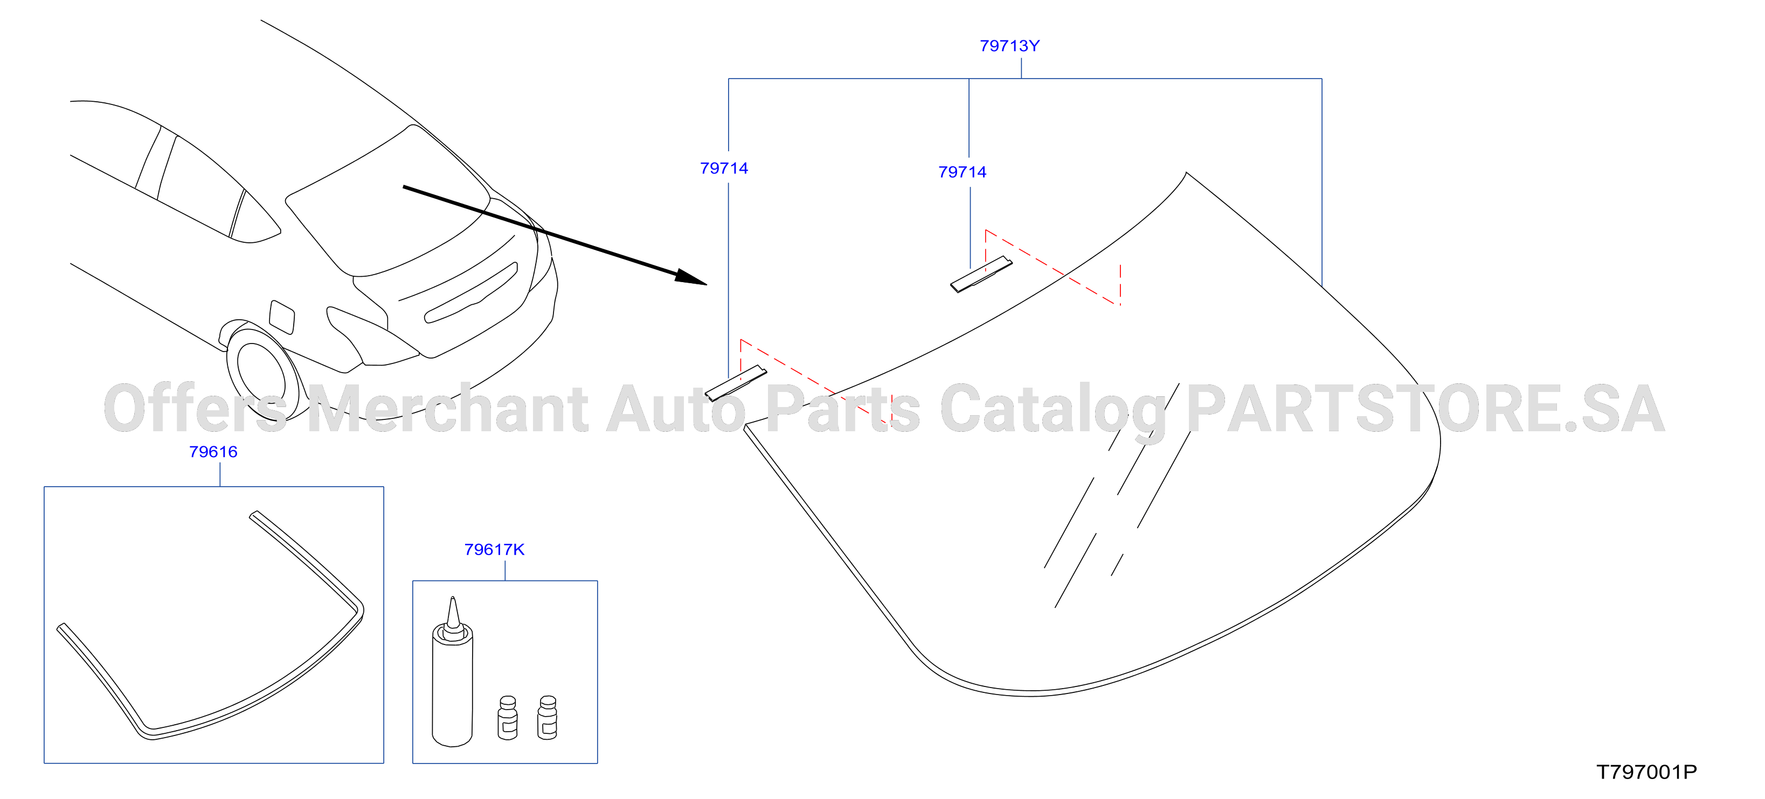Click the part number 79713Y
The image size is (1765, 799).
pyautogui.click(x=1009, y=46)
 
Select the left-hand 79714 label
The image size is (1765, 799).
pyautogui.click(x=724, y=169)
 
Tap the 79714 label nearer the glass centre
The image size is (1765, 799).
pyautogui.click(x=962, y=172)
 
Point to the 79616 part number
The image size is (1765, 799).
pyautogui.click(x=213, y=452)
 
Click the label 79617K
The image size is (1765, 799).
pyautogui.click(x=494, y=550)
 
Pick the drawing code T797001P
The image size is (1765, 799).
pyautogui.click(x=1646, y=772)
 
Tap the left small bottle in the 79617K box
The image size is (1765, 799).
pyautogui.click(x=508, y=718)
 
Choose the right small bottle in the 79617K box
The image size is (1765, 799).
pyautogui.click(x=548, y=718)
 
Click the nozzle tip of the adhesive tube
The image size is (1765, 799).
pyautogui.click(x=452, y=598)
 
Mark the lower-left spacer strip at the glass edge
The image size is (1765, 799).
pyautogui.click(x=736, y=383)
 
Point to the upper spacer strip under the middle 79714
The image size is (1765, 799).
pyautogui.click(x=981, y=275)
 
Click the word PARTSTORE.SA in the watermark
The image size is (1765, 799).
pyautogui.click(x=1425, y=409)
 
